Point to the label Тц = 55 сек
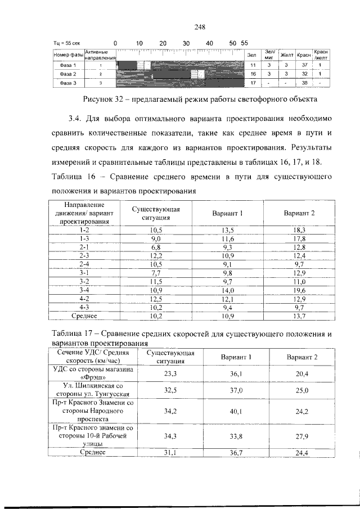(67, 43)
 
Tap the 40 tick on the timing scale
(209, 43)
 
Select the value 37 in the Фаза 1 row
(304, 65)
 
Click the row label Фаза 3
(67, 83)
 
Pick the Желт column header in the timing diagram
(287, 55)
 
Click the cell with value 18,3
(299, 230)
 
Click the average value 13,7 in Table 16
(299, 317)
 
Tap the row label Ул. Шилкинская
(92, 387)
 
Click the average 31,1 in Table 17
(170, 452)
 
